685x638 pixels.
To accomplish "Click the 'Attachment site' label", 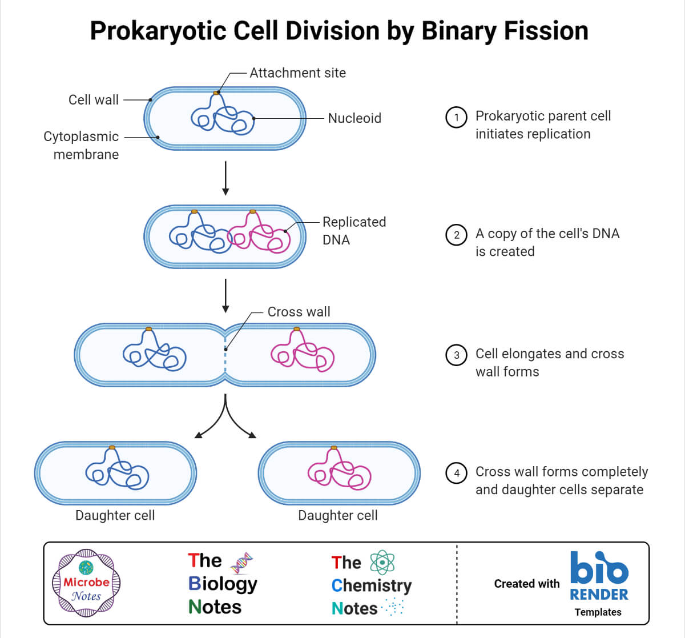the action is click(x=297, y=73).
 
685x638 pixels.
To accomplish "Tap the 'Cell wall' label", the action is click(x=94, y=100).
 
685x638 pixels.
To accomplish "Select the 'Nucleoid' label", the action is click(x=354, y=118).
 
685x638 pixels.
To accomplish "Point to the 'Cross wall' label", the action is click(x=299, y=312).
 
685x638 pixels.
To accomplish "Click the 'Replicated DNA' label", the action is click(x=354, y=231).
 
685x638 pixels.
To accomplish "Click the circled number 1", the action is click(x=456, y=118).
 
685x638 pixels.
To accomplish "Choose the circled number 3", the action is click(x=456, y=355).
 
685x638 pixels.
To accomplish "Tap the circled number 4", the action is click(x=456, y=473).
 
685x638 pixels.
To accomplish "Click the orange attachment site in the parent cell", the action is click(x=216, y=93).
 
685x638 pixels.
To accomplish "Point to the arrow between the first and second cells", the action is click(x=225, y=178).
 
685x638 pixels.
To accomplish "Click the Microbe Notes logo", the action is click(x=86, y=583).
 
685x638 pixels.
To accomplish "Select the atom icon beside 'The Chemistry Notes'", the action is click(x=382, y=563).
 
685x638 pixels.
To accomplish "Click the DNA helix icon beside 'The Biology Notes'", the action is click(x=241, y=563).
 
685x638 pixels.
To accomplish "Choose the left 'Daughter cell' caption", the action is click(x=115, y=515).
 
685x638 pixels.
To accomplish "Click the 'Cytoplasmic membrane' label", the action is click(x=81, y=145).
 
